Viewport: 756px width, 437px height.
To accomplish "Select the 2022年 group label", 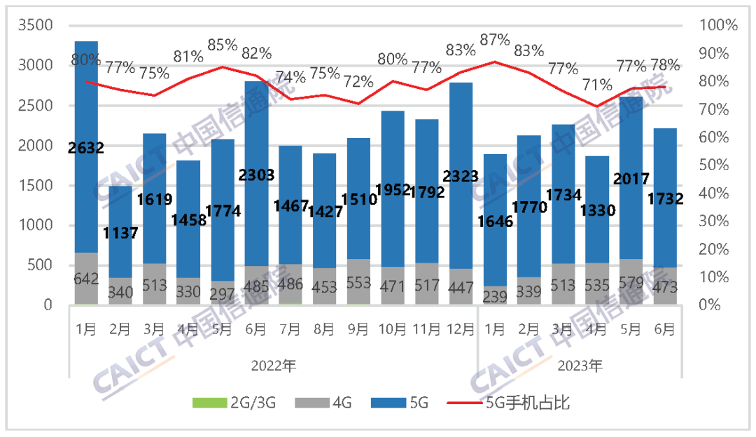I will click(x=273, y=365).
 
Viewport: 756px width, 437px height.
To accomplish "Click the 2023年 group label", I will click(x=580, y=365).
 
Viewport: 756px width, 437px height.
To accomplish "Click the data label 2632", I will click(x=86, y=148).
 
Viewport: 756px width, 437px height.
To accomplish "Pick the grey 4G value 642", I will click(x=86, y=279).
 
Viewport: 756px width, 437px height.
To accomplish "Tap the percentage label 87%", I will click(x=495, y=40).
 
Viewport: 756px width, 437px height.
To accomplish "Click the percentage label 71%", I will click(x=597, y=85).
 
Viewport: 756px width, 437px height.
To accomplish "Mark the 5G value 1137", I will click(x=120, y=232).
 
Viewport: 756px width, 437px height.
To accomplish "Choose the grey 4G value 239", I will click(x=495, y=296).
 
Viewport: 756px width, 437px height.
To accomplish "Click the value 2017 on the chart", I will click(x=631, y=179).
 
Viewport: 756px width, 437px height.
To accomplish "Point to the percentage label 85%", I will click(x=223, y=45).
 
